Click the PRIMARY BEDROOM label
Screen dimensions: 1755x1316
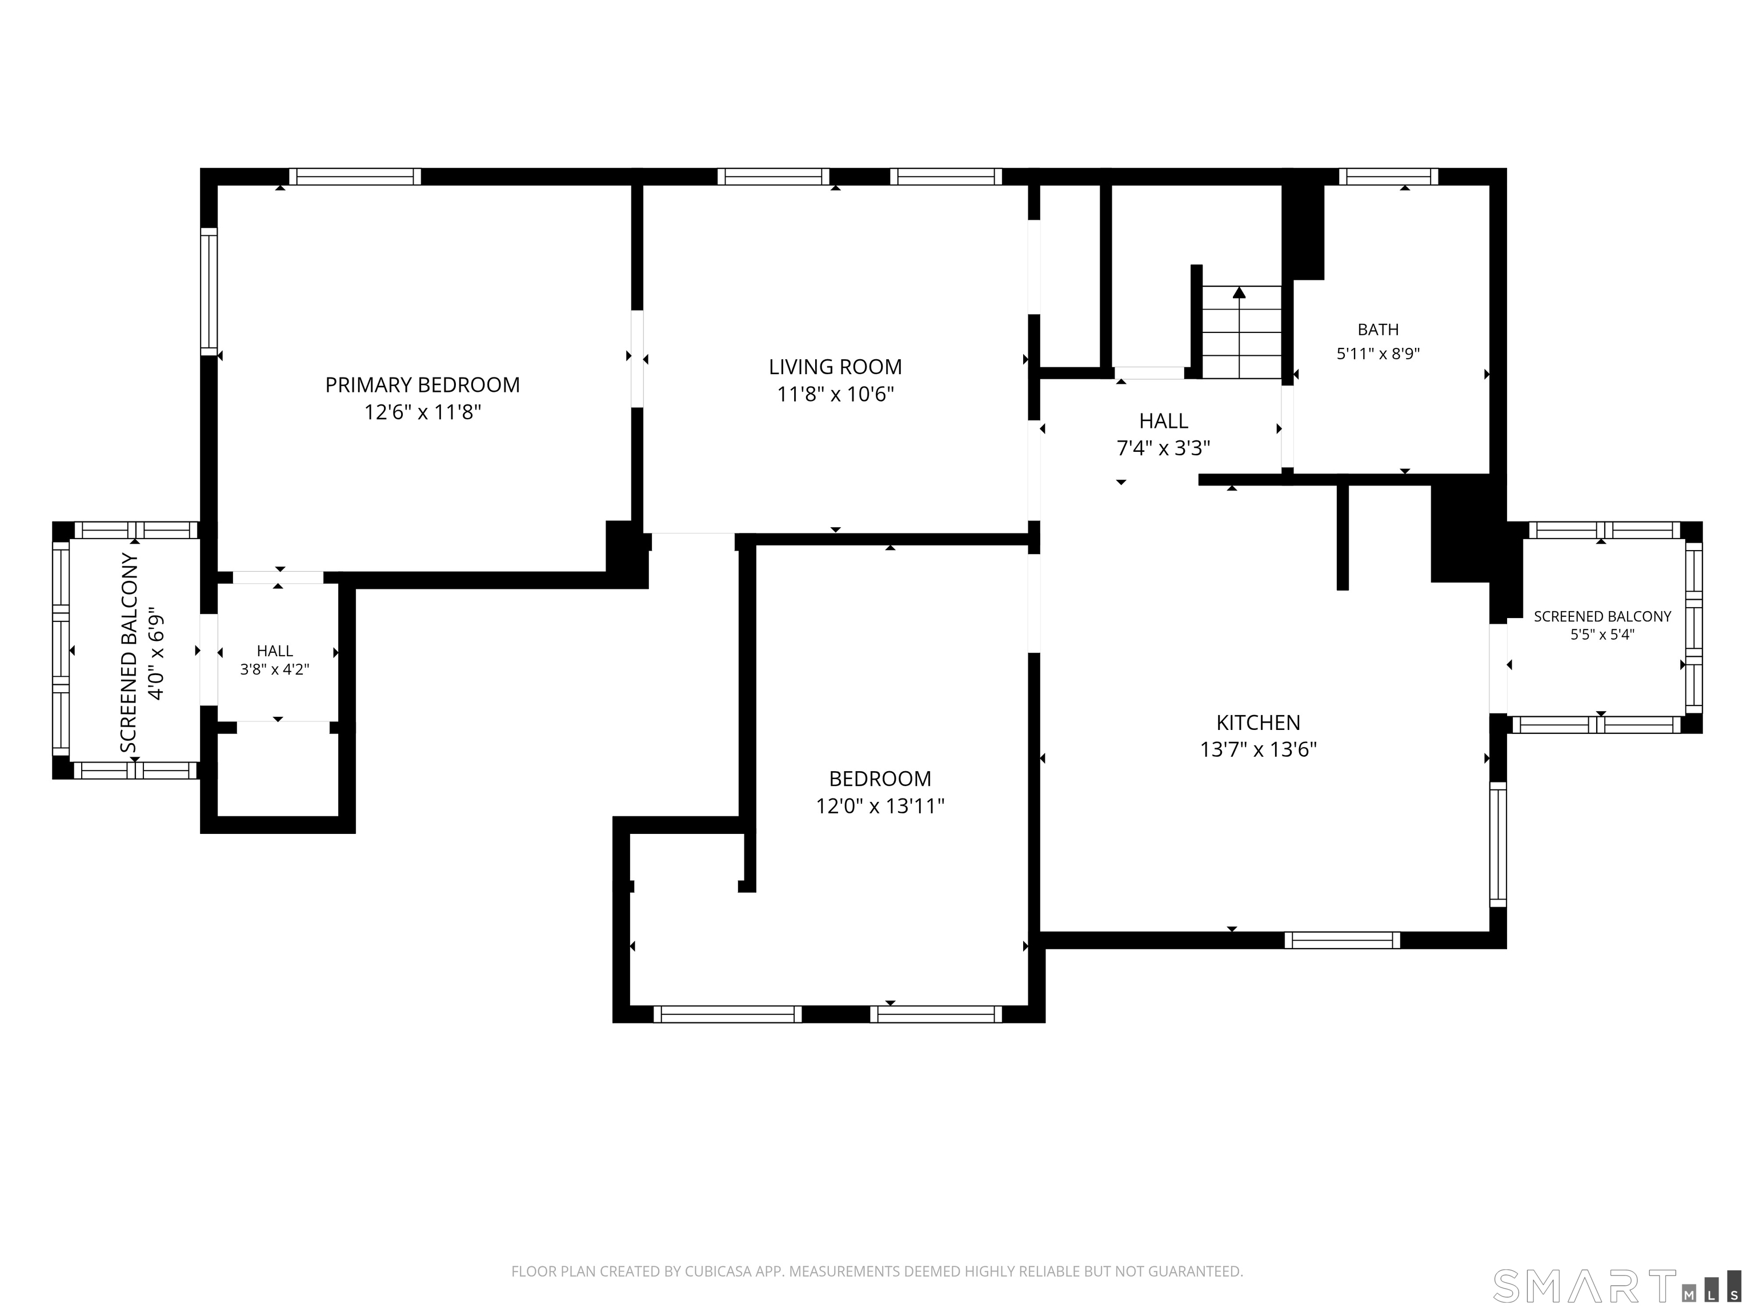[422, 385]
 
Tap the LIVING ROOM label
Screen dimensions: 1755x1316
[835, 367]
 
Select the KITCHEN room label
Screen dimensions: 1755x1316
[1259, 723]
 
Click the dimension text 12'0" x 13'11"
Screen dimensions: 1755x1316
[880, 806]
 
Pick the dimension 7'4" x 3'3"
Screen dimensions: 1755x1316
[1163, 448]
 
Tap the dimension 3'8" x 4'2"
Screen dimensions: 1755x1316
[275, 669]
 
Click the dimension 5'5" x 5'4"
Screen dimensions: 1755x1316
[1602, 635]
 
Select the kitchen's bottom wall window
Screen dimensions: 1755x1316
[1343, 940]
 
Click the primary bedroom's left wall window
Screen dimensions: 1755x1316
[209, 291]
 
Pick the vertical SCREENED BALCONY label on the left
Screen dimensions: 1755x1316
[129, 653]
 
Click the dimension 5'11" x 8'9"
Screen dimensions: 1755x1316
[1378, 354]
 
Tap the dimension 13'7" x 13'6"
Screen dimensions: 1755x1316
[1259, 749]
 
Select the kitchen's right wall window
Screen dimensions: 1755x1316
[1498, 844]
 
